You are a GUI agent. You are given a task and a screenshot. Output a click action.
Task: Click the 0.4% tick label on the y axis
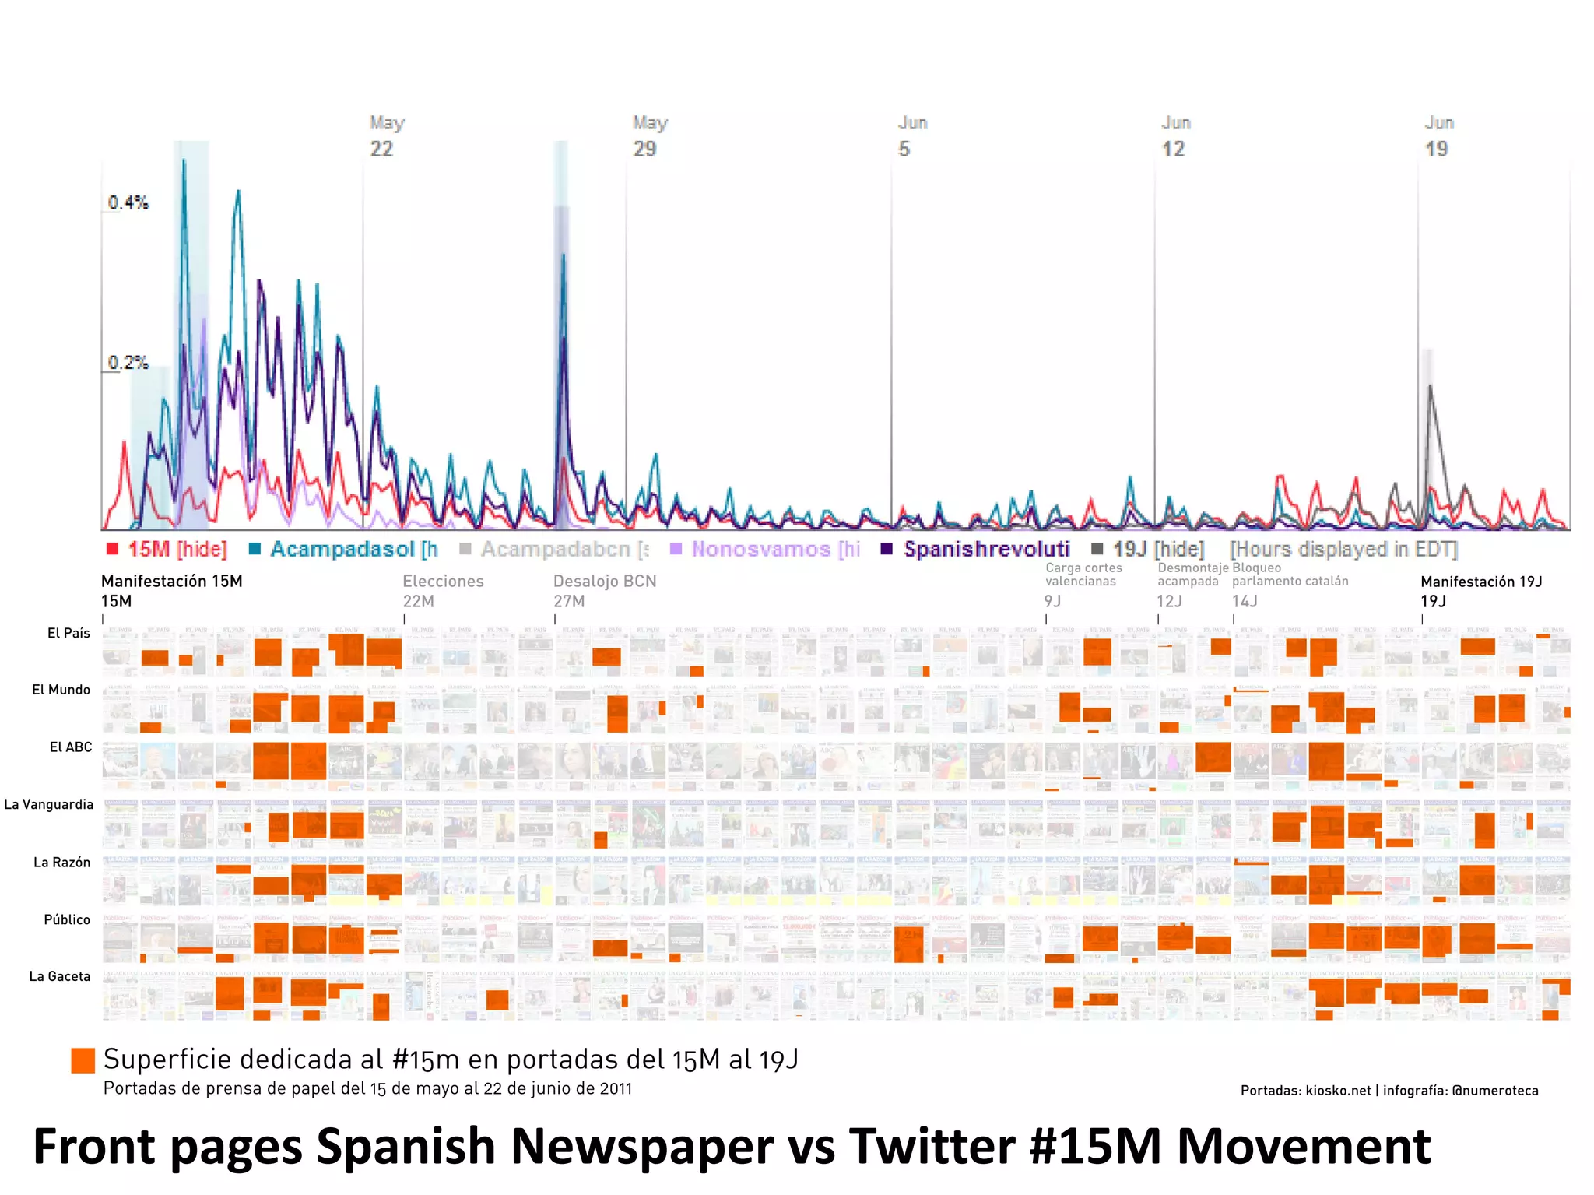pyautogui.click(x=128, y=202)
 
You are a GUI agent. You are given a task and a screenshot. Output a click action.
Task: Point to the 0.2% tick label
pyautogui.click(x=128, y=363)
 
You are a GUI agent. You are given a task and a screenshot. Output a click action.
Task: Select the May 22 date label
pyautogui.click(x=384, y=136)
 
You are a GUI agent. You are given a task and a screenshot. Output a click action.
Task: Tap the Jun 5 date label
pyautogui.click(x=911, y=136)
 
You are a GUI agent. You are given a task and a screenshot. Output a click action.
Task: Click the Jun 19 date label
pyautogui.click(x=1438, y=136)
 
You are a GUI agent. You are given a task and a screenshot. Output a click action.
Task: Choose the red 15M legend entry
pyautogui.click(x=167, y=549)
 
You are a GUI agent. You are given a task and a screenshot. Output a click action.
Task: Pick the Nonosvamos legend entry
pyautogui.click(x=766, y=549)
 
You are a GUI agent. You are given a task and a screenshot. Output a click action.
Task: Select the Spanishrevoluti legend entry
pyautogui.click(x=977, y=549)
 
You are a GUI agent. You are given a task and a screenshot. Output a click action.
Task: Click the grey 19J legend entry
pyautogui.click(x=1149, y=549)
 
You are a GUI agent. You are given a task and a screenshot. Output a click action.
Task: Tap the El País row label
pyautogui.click(x=68, y=633)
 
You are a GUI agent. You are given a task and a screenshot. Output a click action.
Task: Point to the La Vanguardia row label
pyautogui.click(x=49, y=804)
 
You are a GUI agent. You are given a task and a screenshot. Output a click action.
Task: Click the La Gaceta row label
pyautogui.click(x=60, y=976)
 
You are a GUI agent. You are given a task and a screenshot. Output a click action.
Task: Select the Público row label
pyautogui.click(x=67, y=919)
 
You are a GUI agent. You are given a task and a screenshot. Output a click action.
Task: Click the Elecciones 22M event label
pyautogui.click(x=442, y=590)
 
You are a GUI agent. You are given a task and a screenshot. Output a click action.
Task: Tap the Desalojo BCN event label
pyautogui.click(x=604, y=590)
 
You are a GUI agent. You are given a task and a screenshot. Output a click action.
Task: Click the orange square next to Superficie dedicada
pyautogui.click(x=83, y=1060)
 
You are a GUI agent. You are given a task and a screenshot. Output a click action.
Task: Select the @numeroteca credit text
pyautogui.click(x=1495, y=1091)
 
